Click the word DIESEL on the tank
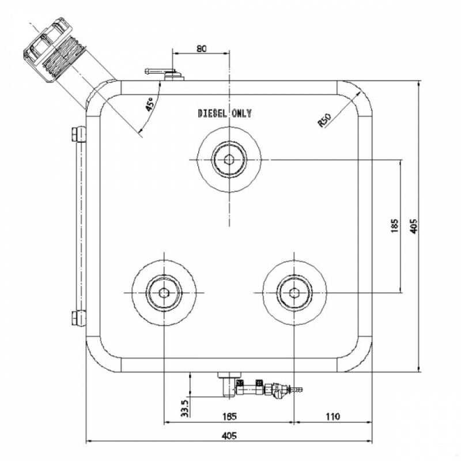[x=211, y=114]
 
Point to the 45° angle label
[x=149, y=104]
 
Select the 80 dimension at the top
[x=201, y=49]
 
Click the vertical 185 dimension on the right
[x=394, y=225]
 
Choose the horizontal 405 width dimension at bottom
[x=229, y=436]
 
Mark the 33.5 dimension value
[x=184, y=408]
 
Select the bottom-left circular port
[x=164, y=293]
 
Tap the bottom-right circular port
[x=294, y=293]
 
